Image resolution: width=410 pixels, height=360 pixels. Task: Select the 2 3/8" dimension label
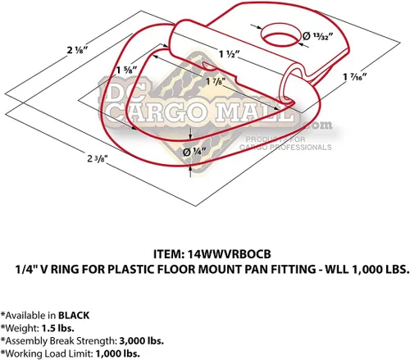[x=98, y=158]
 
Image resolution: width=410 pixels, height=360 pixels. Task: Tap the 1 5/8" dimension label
[x=126, y=70]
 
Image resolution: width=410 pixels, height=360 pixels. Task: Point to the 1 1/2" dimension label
[x=230, y=54]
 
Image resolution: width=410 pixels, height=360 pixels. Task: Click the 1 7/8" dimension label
[x=216, y=81]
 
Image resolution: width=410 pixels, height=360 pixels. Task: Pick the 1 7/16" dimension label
[x=355, y=77]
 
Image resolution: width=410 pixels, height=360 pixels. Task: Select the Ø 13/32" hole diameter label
[x=318, y=36]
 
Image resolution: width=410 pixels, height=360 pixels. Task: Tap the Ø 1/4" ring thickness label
[x=194, y=152]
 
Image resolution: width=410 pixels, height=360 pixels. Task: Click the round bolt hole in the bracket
[x=280, y=35]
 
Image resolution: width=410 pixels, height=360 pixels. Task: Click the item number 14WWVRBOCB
[x=230, y=254]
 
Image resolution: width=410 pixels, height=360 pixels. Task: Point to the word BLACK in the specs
[x=74, y=316]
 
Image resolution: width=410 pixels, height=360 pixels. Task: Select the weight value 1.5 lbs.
[x=57, y=328]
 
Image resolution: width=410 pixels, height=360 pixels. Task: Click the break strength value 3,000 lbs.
[x=141, y=341]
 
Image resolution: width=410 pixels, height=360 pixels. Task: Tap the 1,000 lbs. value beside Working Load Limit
[x=118, y=353]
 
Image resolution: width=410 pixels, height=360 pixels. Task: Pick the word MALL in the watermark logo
[x=255, y=112]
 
